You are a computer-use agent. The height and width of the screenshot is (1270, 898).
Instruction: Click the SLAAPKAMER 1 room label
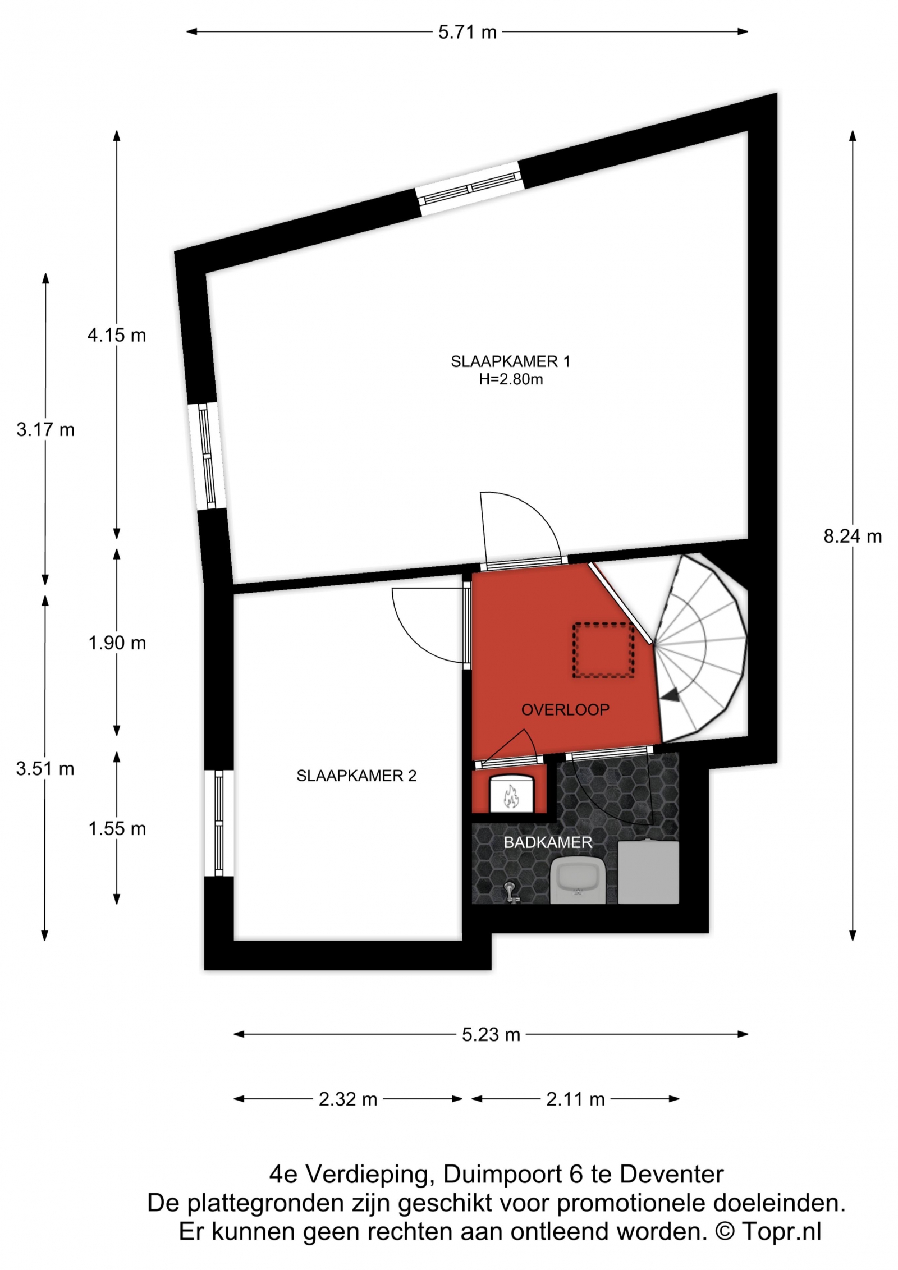(510, 361)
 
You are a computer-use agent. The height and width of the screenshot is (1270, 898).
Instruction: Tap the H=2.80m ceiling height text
(511, 379)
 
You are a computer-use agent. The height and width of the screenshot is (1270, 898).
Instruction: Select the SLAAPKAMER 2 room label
(356, 776)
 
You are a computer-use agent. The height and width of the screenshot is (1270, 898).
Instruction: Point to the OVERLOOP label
(565, 710)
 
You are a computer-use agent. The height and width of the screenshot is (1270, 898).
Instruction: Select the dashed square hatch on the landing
(603, 650)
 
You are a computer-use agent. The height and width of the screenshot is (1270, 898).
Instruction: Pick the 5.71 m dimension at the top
(468, 33)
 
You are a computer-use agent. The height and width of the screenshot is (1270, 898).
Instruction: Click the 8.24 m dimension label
(853, 537)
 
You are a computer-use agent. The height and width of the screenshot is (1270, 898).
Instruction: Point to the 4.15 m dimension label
(117, 336)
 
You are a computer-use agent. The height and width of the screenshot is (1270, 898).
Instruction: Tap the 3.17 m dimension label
(45, 430)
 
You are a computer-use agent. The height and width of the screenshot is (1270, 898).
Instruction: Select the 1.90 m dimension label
(117, 643)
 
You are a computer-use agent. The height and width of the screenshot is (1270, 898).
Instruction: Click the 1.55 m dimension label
(117, 829)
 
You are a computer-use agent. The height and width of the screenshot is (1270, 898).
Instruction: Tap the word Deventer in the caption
(671, 1174)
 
